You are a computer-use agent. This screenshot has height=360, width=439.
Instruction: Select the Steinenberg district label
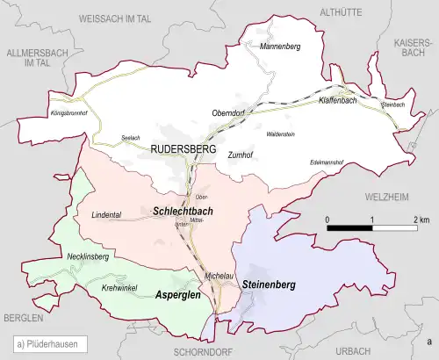(269, 285)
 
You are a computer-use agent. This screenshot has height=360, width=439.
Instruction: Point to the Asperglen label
(180, 296)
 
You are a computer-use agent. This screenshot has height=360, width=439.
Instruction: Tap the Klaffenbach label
(339, 102)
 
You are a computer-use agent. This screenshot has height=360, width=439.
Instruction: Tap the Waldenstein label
(281, 134)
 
